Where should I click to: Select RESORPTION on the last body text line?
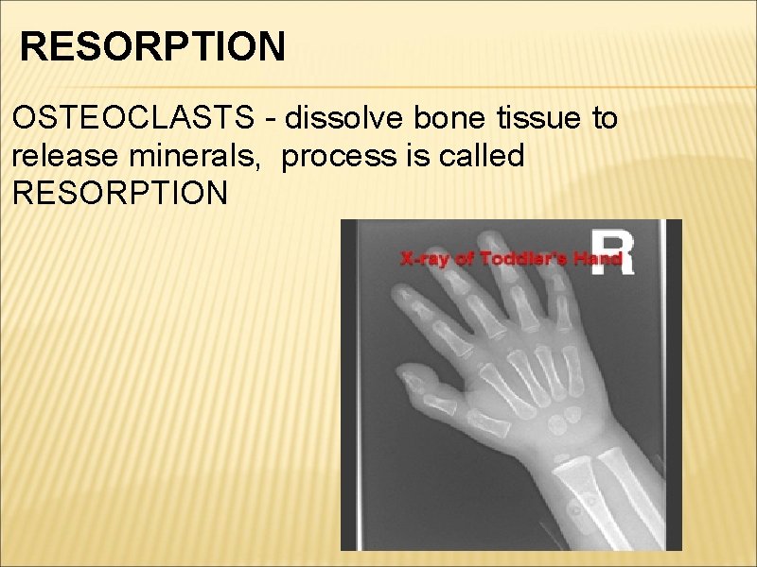pyautogui.click(x=120, y=194)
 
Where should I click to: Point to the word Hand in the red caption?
pyautogui.click(x=598, y=258)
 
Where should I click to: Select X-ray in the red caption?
pyautogui.click(x=424, y=258)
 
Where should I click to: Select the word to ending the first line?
pyautogui.click(x=603, y=119)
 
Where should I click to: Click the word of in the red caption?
pyautogui.click(x=464, y=258)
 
